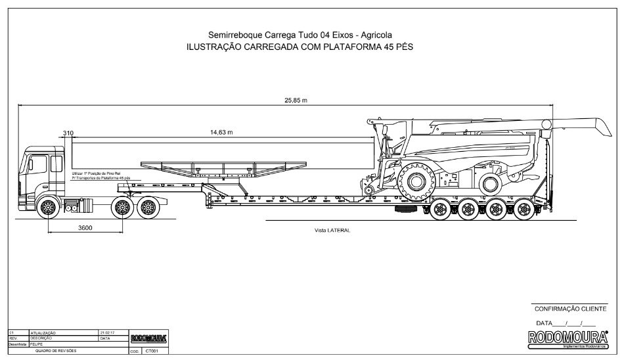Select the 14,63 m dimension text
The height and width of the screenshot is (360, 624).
click(221, 133)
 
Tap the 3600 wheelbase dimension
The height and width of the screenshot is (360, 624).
click(85, 228)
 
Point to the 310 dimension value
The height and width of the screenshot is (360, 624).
click(68, 133)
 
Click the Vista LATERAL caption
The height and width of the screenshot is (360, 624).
click(333, 231)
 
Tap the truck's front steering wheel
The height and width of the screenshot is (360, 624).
click(48, 208)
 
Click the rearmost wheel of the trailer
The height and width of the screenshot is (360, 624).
click(524, 210)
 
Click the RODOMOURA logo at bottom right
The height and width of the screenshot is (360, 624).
click(569, 337)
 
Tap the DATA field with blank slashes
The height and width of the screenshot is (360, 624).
click(566, 323)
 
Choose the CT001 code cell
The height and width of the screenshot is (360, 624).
click(152, 351)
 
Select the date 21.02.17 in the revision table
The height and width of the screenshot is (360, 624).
click(107, 333)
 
